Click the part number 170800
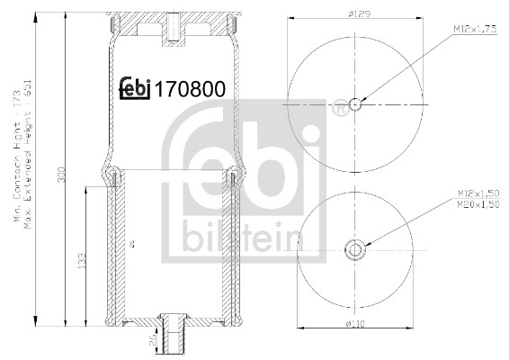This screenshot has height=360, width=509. (x=190, y=89)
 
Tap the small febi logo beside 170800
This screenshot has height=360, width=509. (x=136, y=88)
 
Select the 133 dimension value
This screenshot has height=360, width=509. (x=81, y=261)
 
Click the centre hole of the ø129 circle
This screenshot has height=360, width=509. (x=355, y=103)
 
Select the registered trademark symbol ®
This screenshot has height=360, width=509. (x=337, y=112)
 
